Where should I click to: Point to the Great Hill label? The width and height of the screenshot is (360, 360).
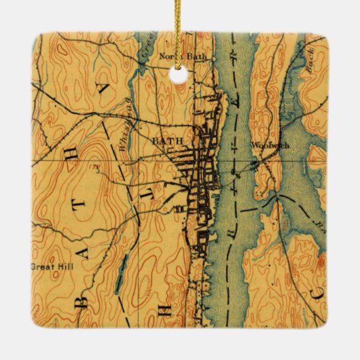click(x=52, y=266)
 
